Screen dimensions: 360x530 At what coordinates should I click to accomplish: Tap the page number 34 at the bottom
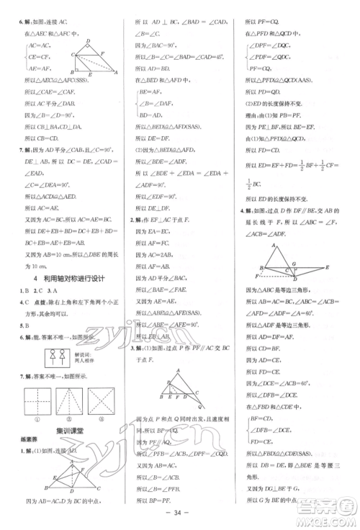point(179,513)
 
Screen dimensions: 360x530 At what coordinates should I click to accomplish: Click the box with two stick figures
point(51,356)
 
